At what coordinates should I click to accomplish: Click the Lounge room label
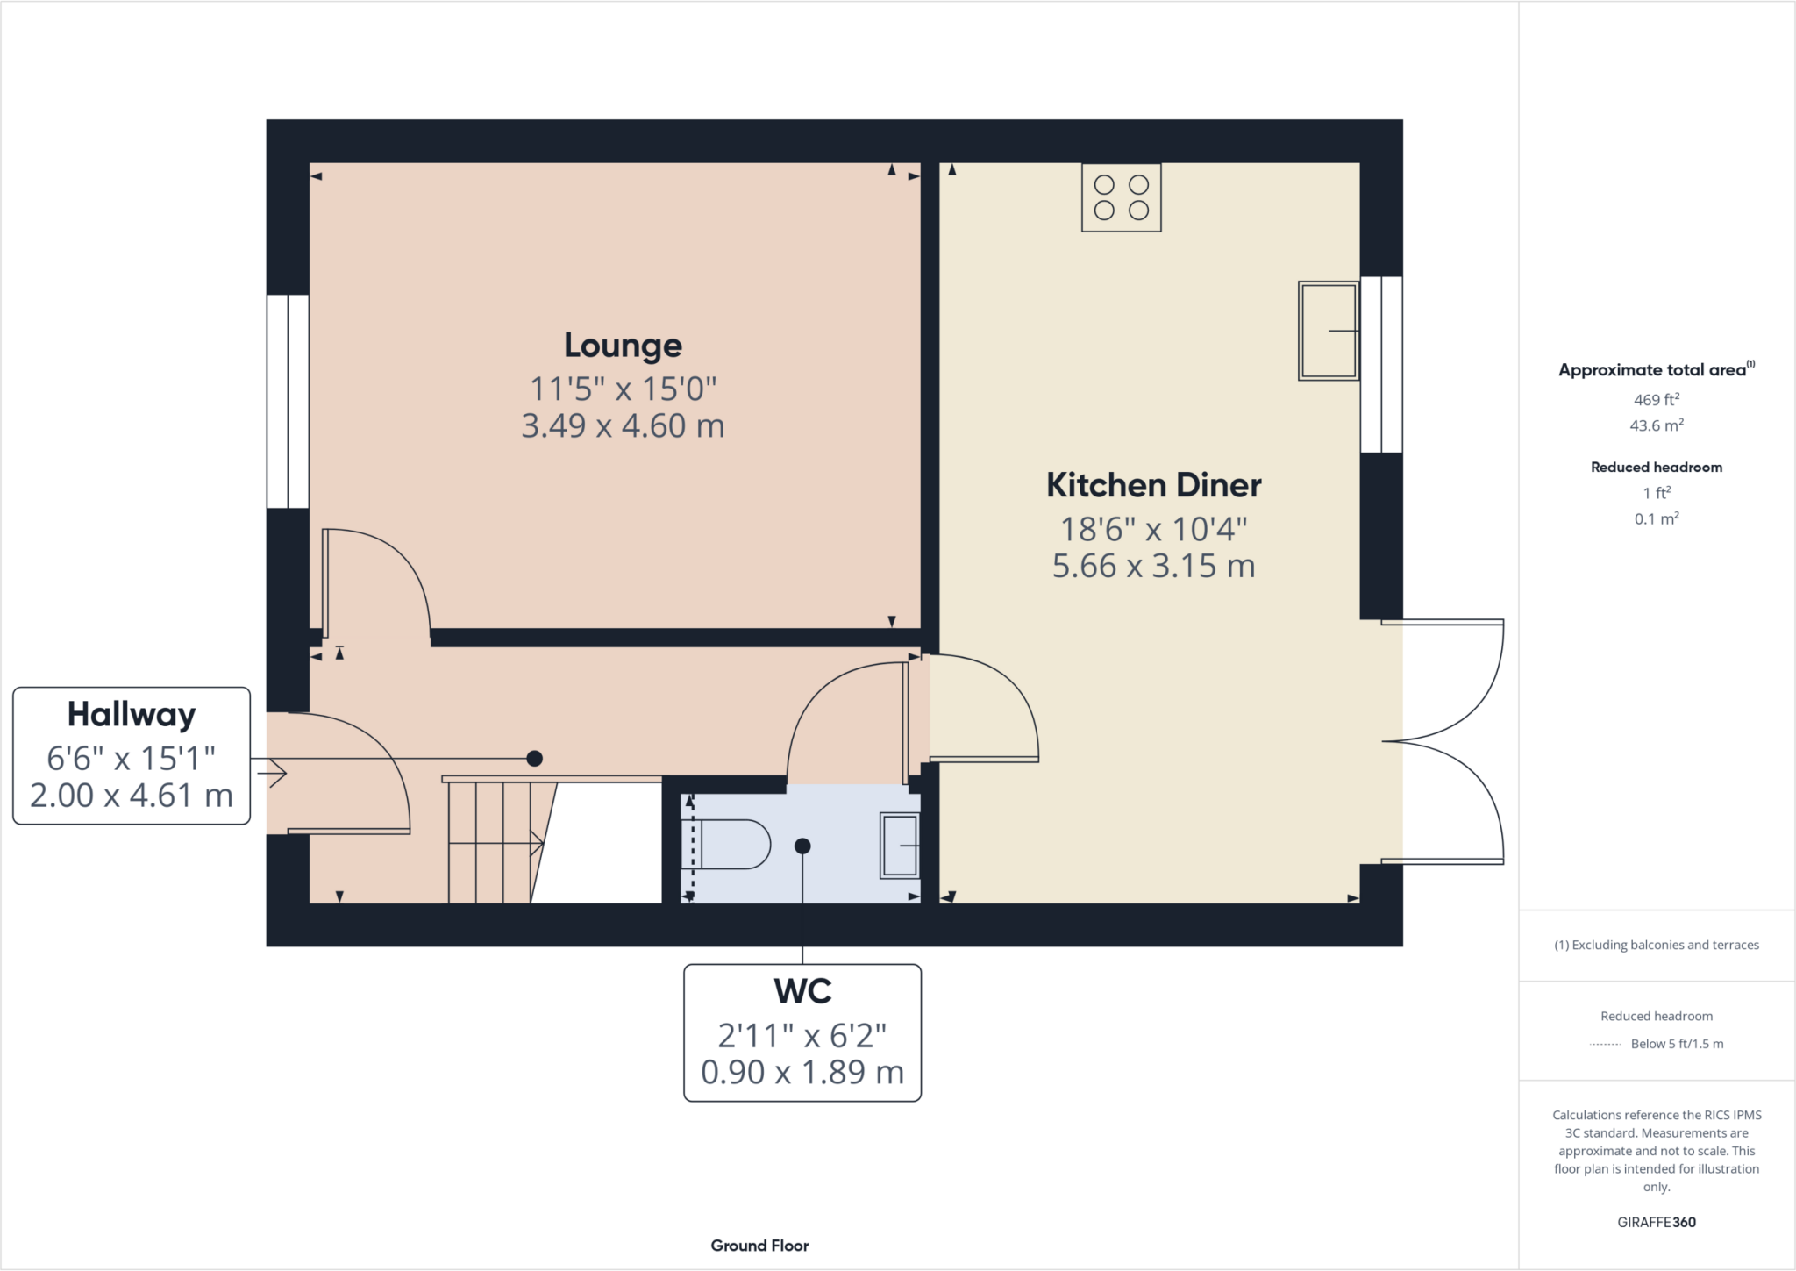(623, 346)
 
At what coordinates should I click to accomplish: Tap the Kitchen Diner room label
(1153, 485)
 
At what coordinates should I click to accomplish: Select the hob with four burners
(1121, 197)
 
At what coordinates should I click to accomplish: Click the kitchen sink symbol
(1328, 331)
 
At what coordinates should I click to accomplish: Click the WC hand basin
(900, 846)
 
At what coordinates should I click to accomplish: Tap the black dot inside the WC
(802, 846)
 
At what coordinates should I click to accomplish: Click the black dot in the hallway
(534, 759)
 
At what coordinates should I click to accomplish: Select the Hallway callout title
(132, 715)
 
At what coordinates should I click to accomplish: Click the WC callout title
(802, 991)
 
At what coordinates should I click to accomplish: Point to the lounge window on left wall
(288, 402)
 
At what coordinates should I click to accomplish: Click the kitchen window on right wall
(1381, 365)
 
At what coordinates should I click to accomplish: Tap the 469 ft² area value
(1656, 400)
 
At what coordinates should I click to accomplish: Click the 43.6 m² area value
(1656, 425)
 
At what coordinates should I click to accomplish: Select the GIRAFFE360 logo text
(1656, 1222)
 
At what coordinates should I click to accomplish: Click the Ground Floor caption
(759, 1246)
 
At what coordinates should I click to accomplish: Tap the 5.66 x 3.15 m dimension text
(1153, 567)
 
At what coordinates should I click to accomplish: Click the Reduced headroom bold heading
(1656, 468)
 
